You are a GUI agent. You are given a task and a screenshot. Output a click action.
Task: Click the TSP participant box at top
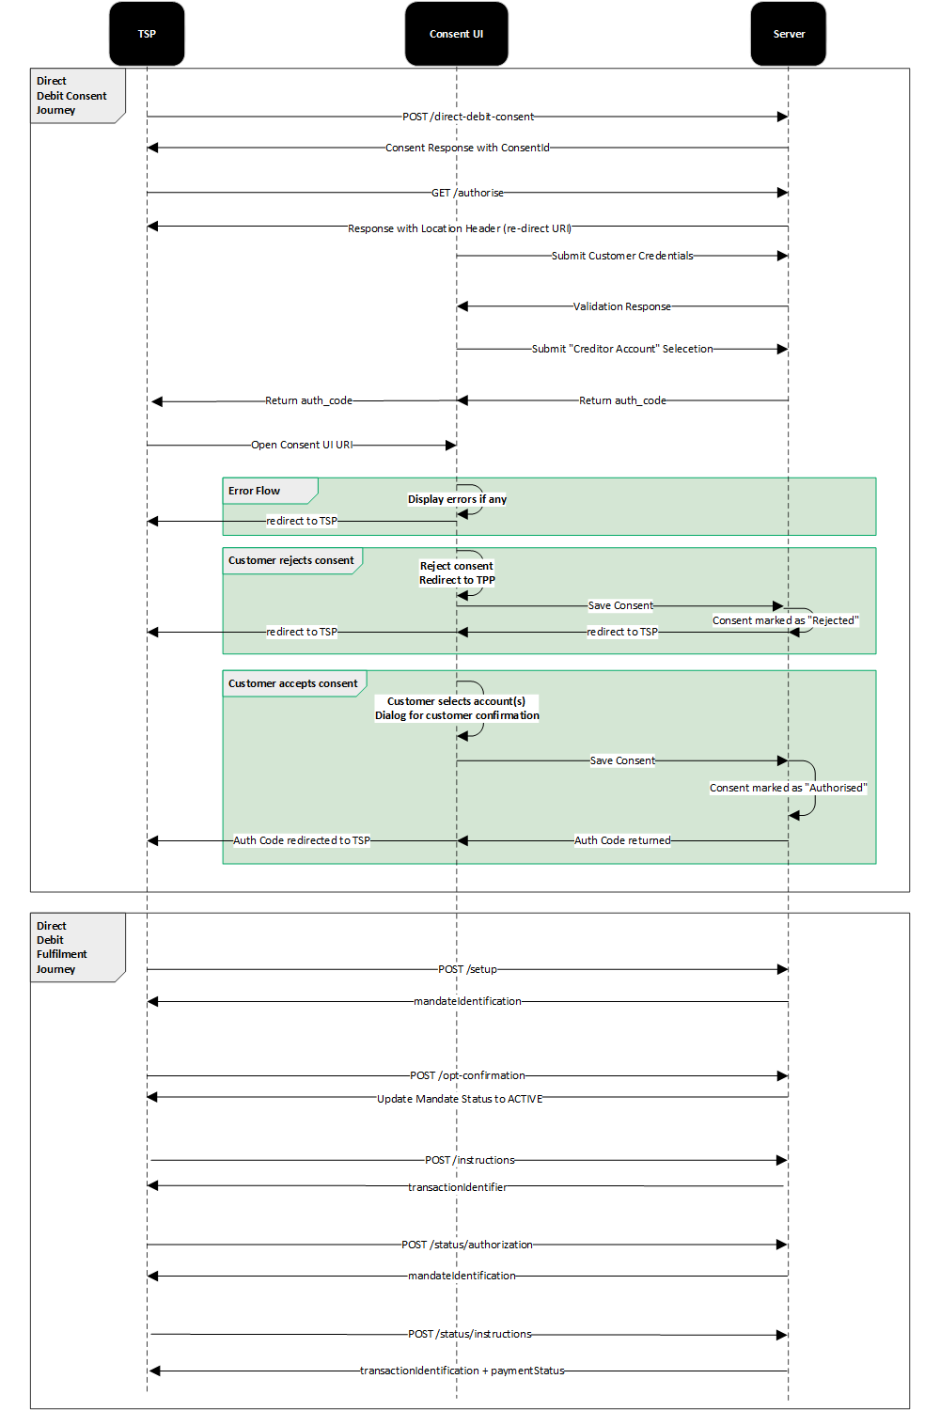coord(147,34)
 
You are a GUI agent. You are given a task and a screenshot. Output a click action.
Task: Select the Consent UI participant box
coord(456,34)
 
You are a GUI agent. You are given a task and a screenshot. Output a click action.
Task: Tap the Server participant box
coord(788,34)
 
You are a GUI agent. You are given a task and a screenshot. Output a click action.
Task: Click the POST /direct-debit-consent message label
coord(468,117)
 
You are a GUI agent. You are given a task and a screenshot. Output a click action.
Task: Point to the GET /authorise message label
coord(467,193)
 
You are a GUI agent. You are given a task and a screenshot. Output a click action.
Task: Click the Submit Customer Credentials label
coord(622,256)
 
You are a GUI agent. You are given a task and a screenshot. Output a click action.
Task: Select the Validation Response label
coord(622,306)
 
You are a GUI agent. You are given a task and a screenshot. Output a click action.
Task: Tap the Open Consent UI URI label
coord(302,445)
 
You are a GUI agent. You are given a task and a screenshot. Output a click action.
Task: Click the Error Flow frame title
coord(255,491)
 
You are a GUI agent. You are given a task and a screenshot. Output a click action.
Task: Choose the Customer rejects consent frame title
coord(291,560)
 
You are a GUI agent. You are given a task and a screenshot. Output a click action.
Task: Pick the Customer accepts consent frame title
coord(293,683)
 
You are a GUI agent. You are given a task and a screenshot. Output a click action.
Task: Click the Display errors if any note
coord(457,499)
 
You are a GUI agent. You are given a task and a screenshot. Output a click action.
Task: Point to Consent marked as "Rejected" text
coord(785,620)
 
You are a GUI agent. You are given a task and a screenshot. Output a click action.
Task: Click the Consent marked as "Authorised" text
coord(788,788)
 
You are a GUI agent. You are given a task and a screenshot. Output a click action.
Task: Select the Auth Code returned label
coord(622,840)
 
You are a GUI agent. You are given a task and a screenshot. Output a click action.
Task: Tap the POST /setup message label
coord(467,969)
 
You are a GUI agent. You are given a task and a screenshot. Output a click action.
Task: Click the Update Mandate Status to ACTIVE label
coord(460,1099)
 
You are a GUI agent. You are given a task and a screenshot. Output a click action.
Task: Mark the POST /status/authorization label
coord(467,1245)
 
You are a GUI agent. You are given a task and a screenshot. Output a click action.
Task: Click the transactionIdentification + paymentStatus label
coord(462,1371)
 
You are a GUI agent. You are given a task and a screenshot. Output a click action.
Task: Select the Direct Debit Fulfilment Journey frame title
coord(62,948)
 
